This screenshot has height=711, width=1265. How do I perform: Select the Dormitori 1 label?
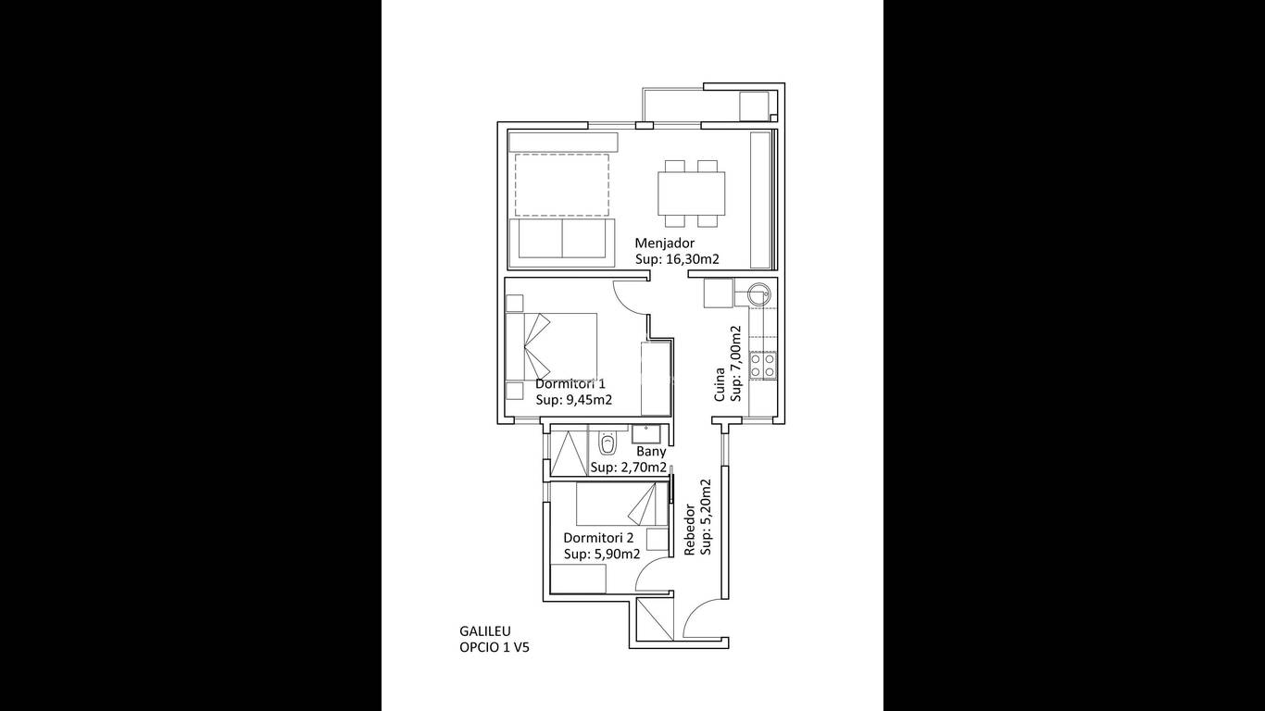(x=570, y=384)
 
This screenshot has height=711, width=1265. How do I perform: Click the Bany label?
(x=651, y=452)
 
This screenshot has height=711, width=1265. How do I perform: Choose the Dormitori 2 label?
(x=598, y=538)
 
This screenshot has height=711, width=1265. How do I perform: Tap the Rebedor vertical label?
(x=689, y=530)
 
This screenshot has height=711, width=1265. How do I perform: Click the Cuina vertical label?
(x=720, y=385)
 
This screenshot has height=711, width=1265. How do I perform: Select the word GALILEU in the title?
(x=485, y=631)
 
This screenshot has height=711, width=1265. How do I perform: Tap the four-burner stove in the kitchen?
(x=762, y=365)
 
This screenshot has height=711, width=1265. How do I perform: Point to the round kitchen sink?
(x=757, y=293)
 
